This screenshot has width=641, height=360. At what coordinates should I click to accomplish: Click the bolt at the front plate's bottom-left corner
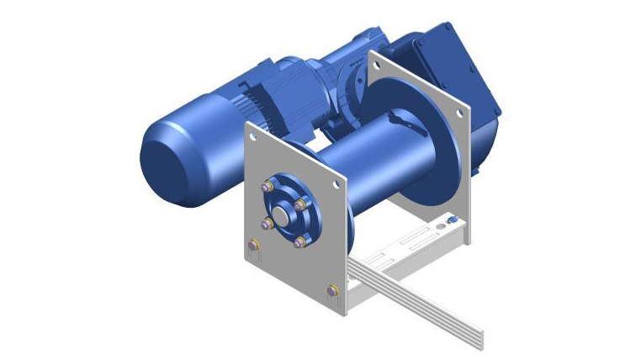[x=253, y=246]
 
